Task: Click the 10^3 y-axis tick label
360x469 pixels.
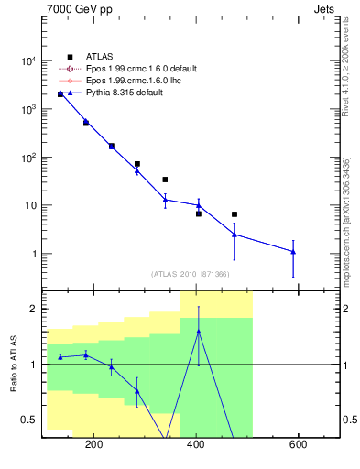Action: tap(27, 109)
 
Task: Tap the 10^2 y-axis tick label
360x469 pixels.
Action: tap(27, 158)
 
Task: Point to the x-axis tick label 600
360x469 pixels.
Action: tap(299, 445)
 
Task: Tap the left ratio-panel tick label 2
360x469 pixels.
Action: tap(33, 309)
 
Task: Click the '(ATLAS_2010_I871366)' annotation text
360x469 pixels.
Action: tap(190, 274)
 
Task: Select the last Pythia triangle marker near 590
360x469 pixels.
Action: tap(293, 251)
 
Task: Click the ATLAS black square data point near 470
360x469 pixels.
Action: tap(235, 214)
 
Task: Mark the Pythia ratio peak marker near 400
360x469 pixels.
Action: tap(199, 332)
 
